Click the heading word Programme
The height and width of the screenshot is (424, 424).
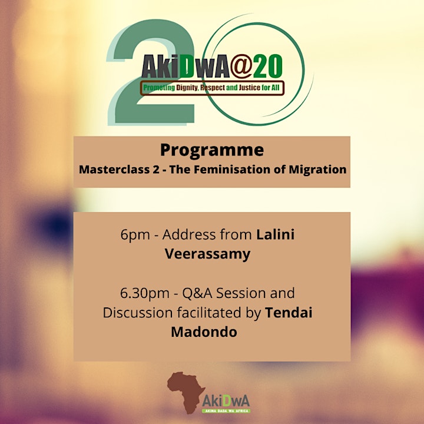tap(212, 151)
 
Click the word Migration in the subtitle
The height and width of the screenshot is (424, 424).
tap(317, 170)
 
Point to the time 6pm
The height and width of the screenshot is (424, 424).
tap(135, 235)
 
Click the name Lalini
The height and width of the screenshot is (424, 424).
tap(275, 234)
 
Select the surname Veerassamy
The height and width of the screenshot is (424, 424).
tap(208, 254)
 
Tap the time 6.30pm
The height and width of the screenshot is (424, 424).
tap(145, 293)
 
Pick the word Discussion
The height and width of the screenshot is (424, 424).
tap(137, 313)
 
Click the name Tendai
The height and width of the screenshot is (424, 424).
tap(289, 313)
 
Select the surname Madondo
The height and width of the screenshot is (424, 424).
tap(204, 332)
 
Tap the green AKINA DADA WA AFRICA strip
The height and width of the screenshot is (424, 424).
tap(226, 411)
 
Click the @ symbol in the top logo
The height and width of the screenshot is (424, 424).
tap(241, 66)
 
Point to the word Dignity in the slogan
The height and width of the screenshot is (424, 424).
tap(187, 88)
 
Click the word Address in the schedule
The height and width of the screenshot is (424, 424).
tap(189, 234)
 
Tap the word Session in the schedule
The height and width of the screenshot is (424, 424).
tap(241, 293)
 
